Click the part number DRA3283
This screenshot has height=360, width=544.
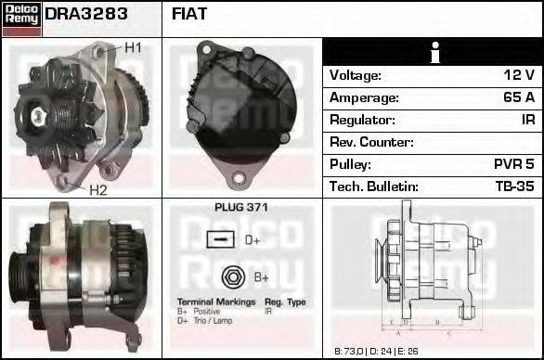tap(86, 15)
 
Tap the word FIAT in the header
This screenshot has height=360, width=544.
tap(189, 15)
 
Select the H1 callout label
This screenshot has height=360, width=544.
tap(133, 47)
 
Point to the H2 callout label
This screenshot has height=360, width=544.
tap(98, 190)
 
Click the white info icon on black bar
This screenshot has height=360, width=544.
tap(434, 52)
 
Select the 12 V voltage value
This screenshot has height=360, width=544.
tap(518, 75)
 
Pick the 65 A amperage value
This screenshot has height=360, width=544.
tap(517, 97)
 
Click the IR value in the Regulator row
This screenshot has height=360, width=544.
tap(527, 120)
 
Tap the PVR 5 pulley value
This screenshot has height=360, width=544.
tap(514, 164)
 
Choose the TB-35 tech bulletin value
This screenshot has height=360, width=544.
tap(515, 186)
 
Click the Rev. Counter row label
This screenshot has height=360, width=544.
tap(372, 142)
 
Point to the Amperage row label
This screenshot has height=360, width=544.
tap(365, 97)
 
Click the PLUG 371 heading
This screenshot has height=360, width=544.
tap(240, 207)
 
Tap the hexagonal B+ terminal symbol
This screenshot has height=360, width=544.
tap(232, 276)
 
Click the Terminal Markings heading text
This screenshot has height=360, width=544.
tap(214, 302)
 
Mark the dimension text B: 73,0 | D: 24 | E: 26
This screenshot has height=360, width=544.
tap(378, 352)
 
